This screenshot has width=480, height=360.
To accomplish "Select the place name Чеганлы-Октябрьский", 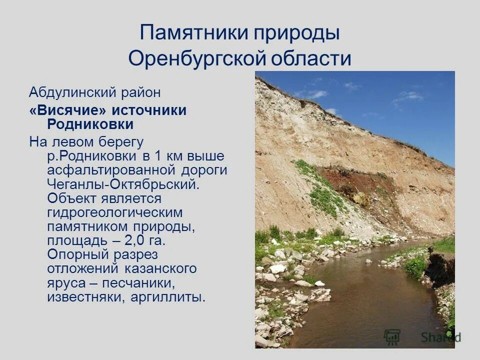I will pyautogui.click(x=123, y=184).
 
